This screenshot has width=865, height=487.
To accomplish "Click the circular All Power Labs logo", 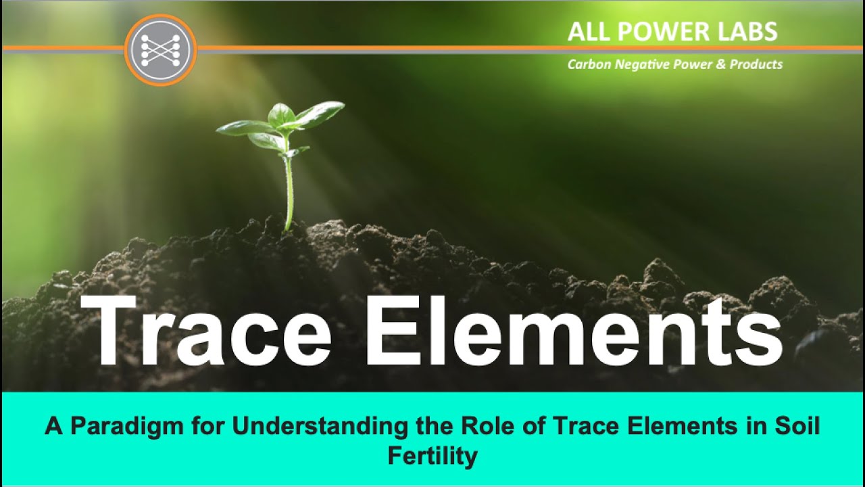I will [161, 50].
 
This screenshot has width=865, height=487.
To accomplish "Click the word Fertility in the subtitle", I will [432, 456].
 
